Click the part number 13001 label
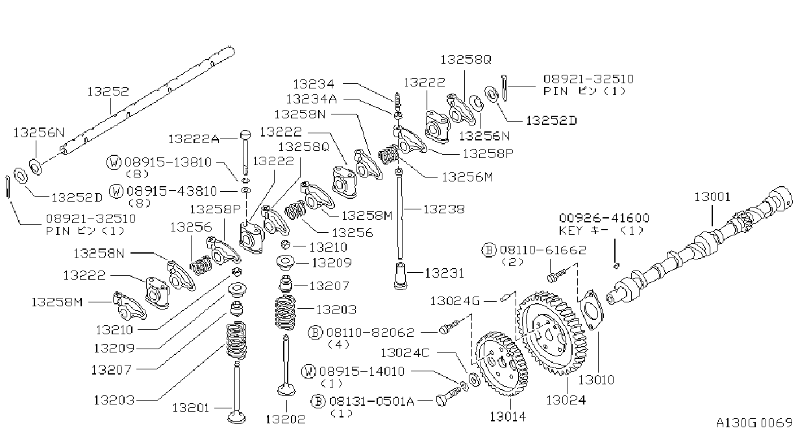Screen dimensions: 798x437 coord(712,197)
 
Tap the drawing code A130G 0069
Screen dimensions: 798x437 coord(754,423)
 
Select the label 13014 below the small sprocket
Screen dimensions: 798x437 coord(508,417)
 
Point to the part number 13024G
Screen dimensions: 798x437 coord(455,301)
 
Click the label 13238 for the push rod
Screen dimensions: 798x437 coord(444,209)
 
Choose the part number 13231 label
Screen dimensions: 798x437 coord(444,273)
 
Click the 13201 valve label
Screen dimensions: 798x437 coord(191,407)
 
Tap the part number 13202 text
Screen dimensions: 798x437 coord(286,419)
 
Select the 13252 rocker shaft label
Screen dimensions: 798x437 coord(108,92)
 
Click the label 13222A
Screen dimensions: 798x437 coord(193,139)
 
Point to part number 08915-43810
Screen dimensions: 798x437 coord(171,191)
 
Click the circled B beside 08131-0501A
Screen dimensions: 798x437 coord(318,401)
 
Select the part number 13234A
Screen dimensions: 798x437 coord(312,99)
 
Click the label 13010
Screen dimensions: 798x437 coord(596,380)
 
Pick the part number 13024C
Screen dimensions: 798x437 coord(405,353)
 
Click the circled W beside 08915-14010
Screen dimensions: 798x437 coord(308,371)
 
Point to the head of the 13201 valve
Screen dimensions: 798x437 coord(236,417)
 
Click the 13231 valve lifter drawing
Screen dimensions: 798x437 coord(401,276)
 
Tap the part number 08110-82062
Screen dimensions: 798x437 coord(371,333)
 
